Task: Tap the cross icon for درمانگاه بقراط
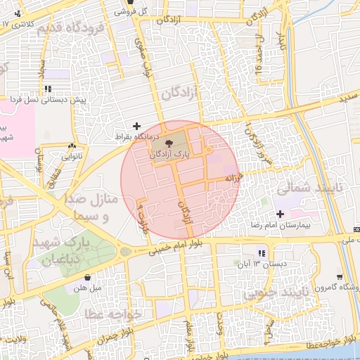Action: tap(136, 125)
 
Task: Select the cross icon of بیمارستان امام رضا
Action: tap(281, 214)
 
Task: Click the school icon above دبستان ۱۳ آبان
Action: tap(261, 253)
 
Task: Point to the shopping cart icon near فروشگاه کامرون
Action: tap(340, 277)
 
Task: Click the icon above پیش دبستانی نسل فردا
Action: tap(48, 89)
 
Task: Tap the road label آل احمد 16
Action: tap(259, 56)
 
